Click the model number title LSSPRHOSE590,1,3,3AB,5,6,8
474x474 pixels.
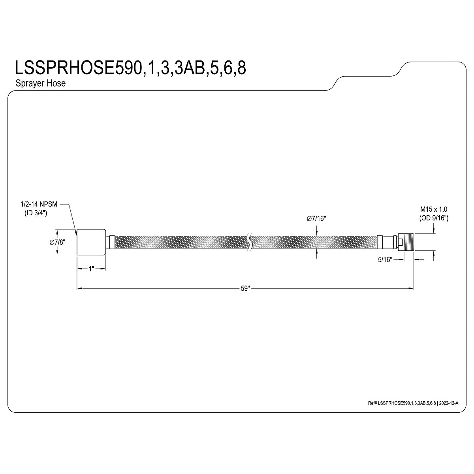pyautogui.click(x=130, y=68)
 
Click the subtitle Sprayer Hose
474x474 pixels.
pyautogui.click(x=41, y=83)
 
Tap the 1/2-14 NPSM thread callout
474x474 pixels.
pyautogui.click(x=39, y=204)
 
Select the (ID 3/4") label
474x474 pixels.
pyautogui.click(x=36, y=213)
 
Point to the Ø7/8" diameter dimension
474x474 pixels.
pyautogui.click(x=57, y=242)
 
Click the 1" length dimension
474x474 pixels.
pyautogui.click(x=92, y=269)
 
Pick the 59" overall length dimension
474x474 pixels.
pyautogui.click(x=245, y=288)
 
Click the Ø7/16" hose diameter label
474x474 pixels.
pyautogui.click(x=316, y=218)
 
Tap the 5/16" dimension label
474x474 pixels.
pyautogui.click(x=385, y=260)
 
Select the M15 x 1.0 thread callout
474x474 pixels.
pyautogui.click(x=434, y=209)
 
